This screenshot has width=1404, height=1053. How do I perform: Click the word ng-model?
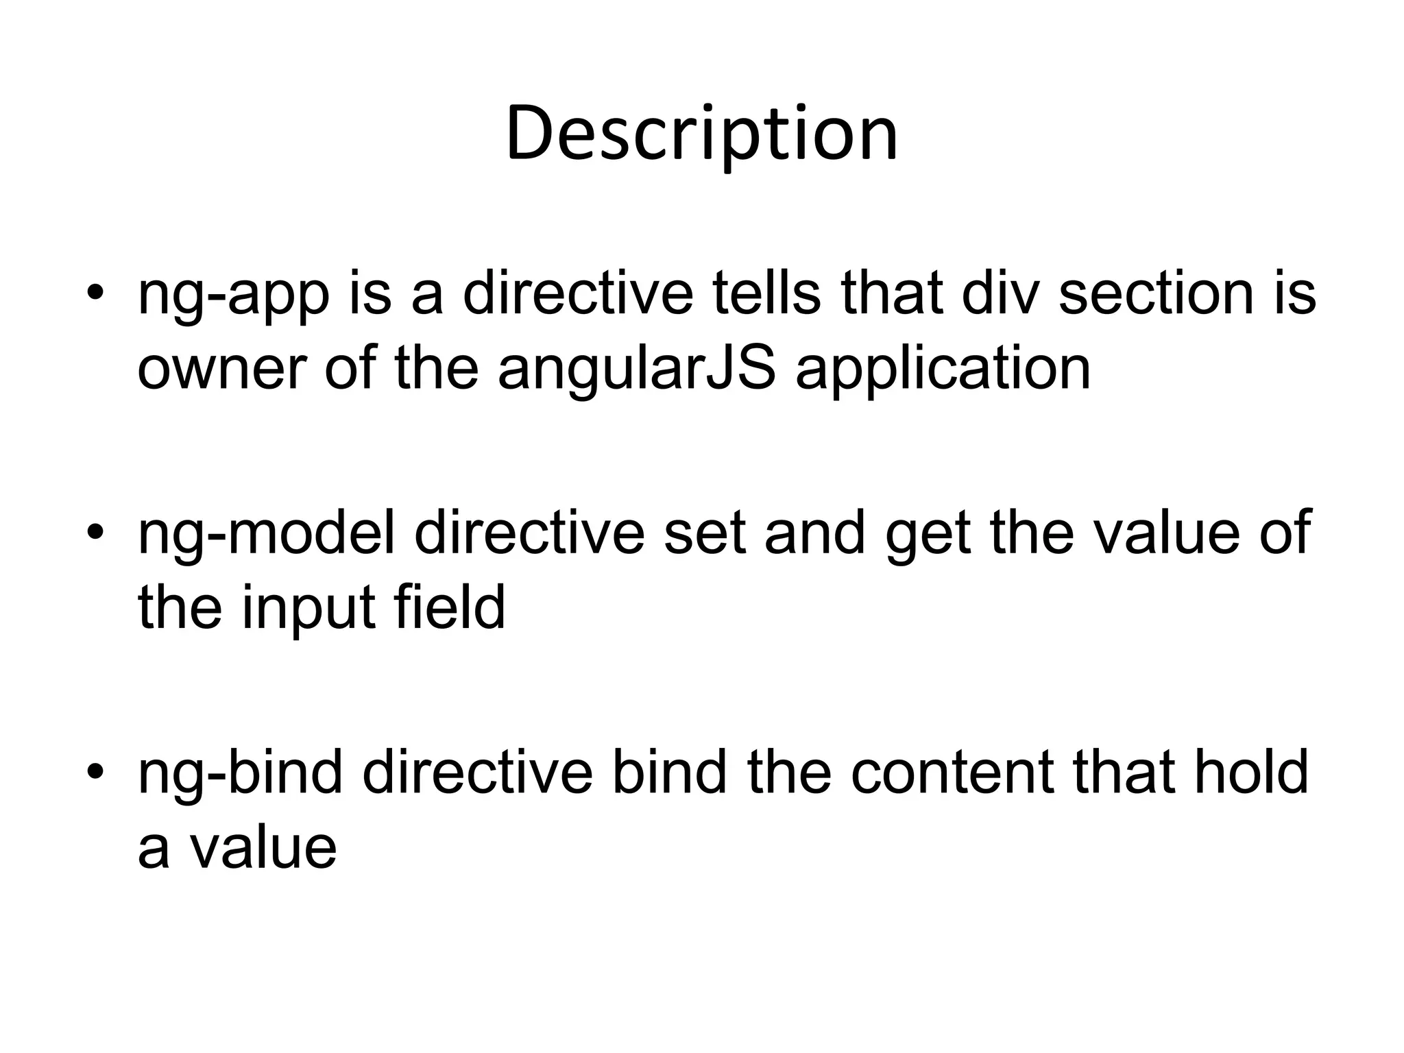click(x=267, y=533)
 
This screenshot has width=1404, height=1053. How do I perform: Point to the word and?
click(x=814, y=533)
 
